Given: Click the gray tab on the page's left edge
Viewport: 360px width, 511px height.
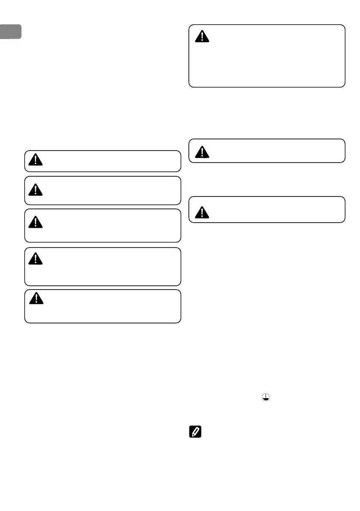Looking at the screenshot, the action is [x=10, y=32].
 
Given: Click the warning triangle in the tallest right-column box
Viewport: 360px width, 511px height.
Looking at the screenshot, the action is [x=202, y=36].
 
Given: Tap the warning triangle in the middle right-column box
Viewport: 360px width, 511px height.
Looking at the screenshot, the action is [x=201, y=151].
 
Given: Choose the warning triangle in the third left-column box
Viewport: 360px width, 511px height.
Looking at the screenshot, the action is [x=36, y=222].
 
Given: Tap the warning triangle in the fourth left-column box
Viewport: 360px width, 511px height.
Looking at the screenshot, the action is [x=36, y=259].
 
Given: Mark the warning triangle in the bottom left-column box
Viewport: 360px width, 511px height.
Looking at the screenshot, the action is [x=36, y=298].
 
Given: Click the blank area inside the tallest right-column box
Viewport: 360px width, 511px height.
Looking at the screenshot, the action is [x=275, y=60].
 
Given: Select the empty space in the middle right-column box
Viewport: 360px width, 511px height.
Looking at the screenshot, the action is [x=275, y=151].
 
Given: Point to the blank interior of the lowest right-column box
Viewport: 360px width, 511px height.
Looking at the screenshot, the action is [x=275, y=210].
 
